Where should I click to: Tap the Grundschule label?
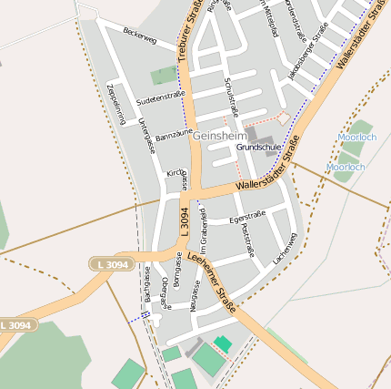[258, 147]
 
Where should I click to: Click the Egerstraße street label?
[246, 218]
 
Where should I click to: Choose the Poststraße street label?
[247, 242]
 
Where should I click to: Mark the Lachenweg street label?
[285, 249]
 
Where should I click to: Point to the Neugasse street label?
[194, 295]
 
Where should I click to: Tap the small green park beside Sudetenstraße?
[165, 75]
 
